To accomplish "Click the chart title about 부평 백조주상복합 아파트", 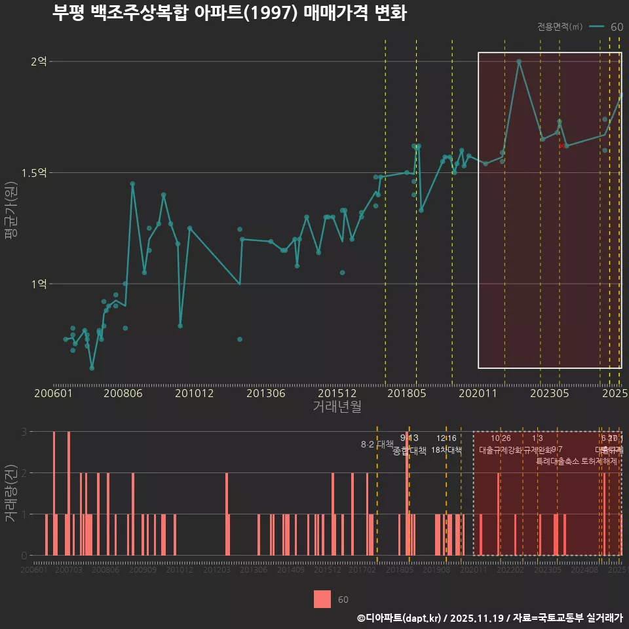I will point(229,14).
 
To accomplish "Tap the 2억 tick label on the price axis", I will point(39,62).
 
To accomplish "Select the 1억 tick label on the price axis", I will point(39,284).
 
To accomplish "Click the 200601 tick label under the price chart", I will point(53,394).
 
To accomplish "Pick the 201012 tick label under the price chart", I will point(195,394).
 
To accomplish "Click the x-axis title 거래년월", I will point(337,407).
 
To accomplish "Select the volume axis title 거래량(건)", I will point(11,493).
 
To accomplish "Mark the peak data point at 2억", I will point(519,62).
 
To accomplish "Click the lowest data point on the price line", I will point(92,368).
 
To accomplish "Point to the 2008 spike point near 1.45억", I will point(132,184).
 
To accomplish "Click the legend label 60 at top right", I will point(617,27).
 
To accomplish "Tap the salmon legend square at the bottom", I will point(322,599).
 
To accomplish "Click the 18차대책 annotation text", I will point(447,450).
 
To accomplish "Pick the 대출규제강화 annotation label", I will point(501,450).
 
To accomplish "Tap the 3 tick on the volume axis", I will point(24,432).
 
